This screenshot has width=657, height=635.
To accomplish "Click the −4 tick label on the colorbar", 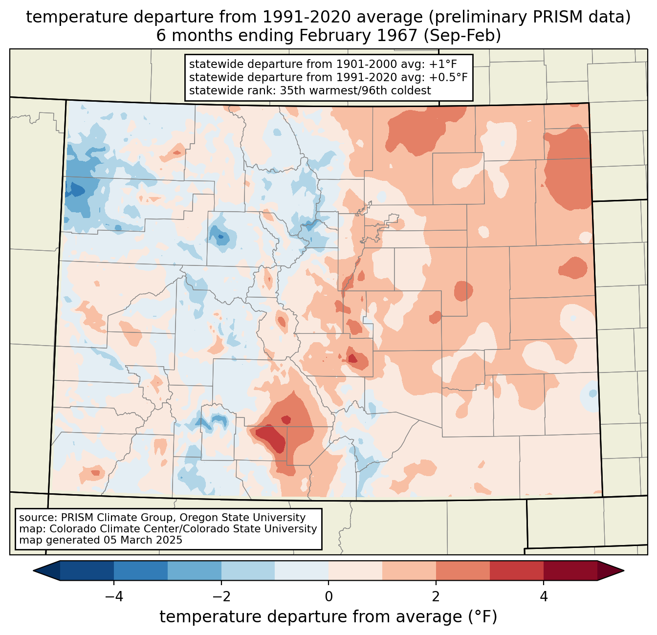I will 110,596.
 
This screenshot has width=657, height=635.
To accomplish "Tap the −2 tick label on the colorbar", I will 218,596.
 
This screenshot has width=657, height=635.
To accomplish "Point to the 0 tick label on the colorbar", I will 328,596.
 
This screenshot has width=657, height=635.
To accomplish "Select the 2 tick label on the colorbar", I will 436,596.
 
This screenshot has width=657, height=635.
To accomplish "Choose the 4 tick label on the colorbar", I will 544,596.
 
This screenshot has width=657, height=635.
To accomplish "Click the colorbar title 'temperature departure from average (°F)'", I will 328,617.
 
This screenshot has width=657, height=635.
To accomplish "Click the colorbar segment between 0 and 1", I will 355,570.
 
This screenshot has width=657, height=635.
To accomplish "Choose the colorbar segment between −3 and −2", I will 194,570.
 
